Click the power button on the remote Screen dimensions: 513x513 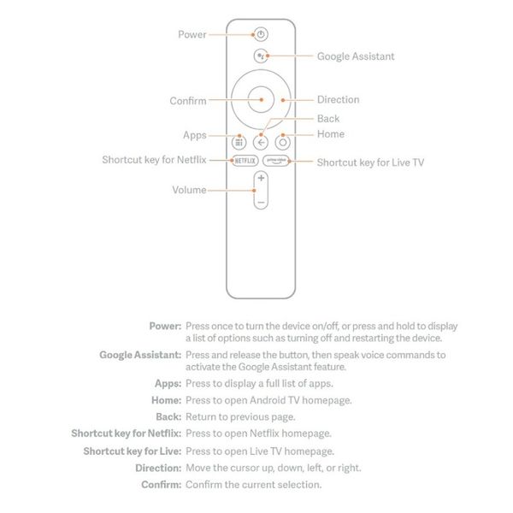(261, 34)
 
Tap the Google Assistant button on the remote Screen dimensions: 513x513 (261, 56)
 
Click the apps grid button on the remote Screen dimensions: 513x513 (239, 143)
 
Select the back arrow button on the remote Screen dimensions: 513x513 (261, 143)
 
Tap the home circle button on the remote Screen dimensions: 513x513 (283, 143)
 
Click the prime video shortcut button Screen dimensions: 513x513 (276, 161)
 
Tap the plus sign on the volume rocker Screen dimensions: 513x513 (261, 178)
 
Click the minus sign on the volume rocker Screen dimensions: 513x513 (261, 203)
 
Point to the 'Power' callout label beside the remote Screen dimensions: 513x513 (192, 34)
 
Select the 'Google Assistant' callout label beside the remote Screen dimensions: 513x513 (356, 56)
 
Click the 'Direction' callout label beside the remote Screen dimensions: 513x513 (339, 99)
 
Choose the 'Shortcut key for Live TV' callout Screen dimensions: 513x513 (370, 162)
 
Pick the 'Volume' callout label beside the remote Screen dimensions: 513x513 (189, 190)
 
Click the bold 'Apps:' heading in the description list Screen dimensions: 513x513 (168, 383)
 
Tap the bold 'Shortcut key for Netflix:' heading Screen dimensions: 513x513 (127, 433)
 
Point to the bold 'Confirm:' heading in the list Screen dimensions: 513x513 (162, 485)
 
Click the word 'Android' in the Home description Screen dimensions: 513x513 (268, 400)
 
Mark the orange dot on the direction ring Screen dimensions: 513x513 (283, 100)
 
